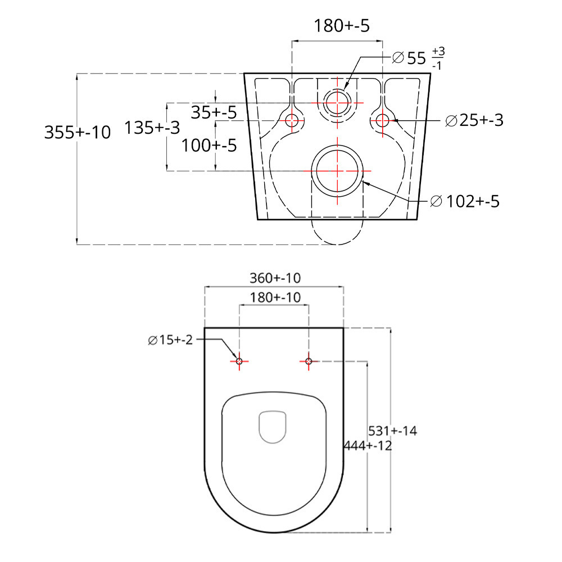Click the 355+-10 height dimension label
coord(78,133)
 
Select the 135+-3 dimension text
coord(152,128)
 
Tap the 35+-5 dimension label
coord(214,113)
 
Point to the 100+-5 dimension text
coord(209,146)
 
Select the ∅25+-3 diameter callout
coord(474,120)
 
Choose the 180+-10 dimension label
coord(274,297)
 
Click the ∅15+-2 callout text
coord(170,340)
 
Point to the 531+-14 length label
coord(392,431)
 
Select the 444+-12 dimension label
coord(368,446)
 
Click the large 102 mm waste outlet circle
coord(336,170)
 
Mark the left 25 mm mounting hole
coord(292,120)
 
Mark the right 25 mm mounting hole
coord(382,120)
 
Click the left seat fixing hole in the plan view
coord(239,361)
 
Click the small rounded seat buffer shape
coord(273,428)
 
